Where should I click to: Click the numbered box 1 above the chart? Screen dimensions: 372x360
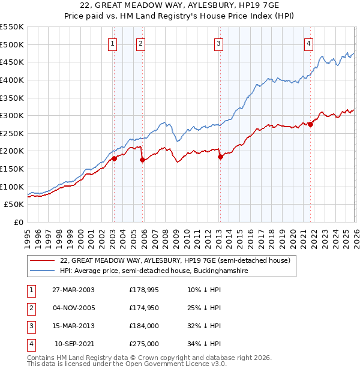113,43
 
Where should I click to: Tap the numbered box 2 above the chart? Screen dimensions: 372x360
140,43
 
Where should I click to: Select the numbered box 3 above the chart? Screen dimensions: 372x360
218,43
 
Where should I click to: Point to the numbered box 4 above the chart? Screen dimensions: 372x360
308,43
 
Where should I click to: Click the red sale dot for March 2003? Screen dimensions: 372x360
114,158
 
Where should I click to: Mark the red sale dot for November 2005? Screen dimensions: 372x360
142,160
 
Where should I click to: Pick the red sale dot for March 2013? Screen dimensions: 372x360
220,157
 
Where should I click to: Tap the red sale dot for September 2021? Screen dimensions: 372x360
310,124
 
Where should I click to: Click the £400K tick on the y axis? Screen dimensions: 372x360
13,80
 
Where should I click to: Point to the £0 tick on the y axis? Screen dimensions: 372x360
18,222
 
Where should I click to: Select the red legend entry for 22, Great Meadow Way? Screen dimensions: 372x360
175,260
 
